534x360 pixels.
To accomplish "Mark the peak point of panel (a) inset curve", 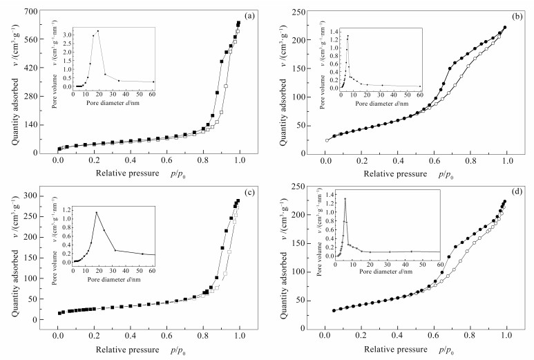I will (98, 31).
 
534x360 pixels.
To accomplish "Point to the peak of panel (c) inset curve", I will (97, 212).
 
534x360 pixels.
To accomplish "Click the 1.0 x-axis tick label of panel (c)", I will (240, 337).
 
